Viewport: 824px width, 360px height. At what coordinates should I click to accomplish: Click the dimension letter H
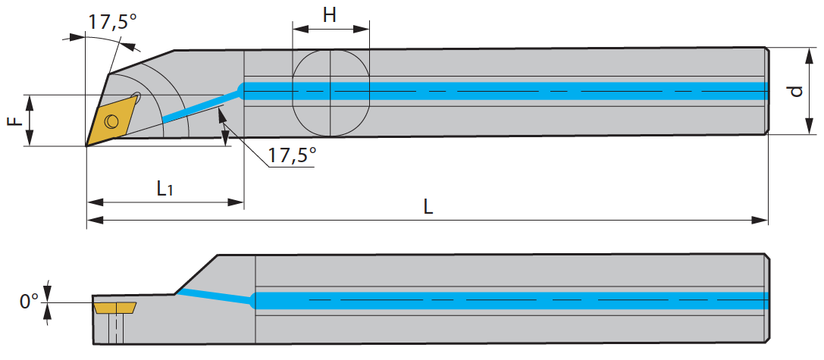(330, 15)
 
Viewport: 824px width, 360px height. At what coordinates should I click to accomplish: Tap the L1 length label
(165, 189)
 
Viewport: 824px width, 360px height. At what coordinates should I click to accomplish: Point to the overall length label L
(429, 207)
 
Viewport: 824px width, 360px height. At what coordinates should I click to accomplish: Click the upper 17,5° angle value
(112, 22)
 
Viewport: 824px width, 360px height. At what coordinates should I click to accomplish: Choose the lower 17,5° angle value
(292, 155)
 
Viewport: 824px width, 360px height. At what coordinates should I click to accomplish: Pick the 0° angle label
(30, 302)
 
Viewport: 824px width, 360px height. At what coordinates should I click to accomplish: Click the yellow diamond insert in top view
(111, 120)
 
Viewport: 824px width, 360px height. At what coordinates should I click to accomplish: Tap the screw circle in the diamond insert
(111, 121)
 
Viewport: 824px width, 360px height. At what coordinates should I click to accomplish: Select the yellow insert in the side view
(115, 308)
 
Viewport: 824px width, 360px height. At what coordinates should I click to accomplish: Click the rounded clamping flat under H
(331, 93)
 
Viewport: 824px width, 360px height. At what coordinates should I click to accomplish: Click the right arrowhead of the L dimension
(760, 221)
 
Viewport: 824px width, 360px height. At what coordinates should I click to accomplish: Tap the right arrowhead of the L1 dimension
(236, 202)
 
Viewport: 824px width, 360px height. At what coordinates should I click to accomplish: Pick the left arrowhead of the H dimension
(300, 28)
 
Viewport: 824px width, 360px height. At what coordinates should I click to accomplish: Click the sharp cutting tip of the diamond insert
(86, 146)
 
